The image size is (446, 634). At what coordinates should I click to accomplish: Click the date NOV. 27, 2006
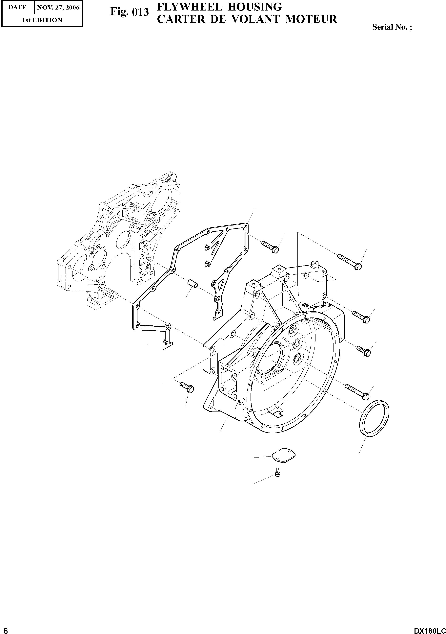58,8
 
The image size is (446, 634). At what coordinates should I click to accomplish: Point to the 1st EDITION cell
42,20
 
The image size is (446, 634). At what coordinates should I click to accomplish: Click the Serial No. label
392,27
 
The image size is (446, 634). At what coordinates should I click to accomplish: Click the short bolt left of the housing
187,387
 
